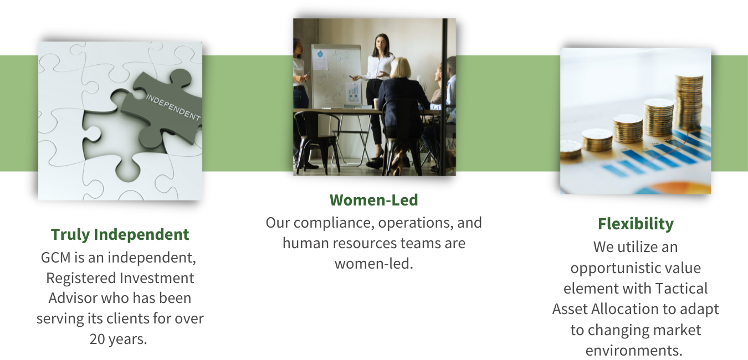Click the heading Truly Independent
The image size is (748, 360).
click(120, 234)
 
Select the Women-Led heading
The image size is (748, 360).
click(373, 200)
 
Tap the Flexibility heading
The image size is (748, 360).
click(636, 224)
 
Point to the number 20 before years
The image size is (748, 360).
click(99, 339)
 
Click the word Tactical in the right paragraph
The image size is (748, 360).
click(682, 288)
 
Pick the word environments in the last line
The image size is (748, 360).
click(634, 350)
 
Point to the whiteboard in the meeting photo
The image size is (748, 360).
click(336, 75)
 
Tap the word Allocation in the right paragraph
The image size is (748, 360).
click(622, 308)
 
